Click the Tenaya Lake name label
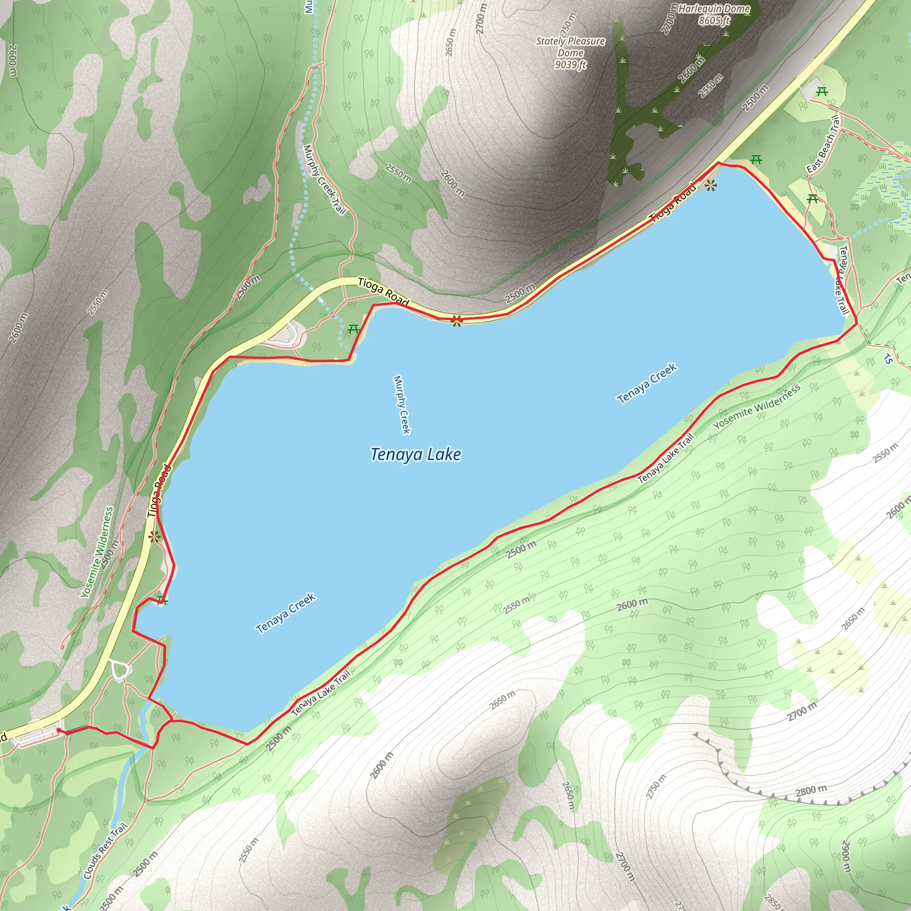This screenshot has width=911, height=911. pyautogui.click(x=415, y=455)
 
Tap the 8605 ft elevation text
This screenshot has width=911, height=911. pyautogui.click(x=714, y=20)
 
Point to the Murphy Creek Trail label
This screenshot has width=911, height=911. pyautogui.click(x=324, y=179)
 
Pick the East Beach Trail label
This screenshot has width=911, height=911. pyautogui.click(x=823, y=144)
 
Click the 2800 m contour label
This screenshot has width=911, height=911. pyautogui.click(x=811, y=791)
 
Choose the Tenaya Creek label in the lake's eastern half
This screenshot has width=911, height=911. pyautogui.click(x=647, y=383)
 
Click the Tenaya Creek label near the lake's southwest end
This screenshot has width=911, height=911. pyautogui.click(x=285, y=613)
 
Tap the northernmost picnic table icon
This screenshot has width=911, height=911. pyautogui.click(x=822, y=91)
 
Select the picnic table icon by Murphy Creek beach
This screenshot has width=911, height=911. pyautogui.click(x=354, y=329)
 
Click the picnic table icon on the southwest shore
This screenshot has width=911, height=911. pyautogui.click(x=163, y=600)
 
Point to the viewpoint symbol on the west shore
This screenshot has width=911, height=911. pyautogui.click(x=154, y=537)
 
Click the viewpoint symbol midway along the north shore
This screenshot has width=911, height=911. pyautogui.click(x=456, y=322)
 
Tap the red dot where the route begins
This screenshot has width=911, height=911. pyautogui.click(x=58, y=730)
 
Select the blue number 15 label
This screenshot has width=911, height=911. pyautogui.click(x=888, y=359)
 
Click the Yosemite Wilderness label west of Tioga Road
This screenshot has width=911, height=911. pyautogui.click(x=97, y=552)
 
